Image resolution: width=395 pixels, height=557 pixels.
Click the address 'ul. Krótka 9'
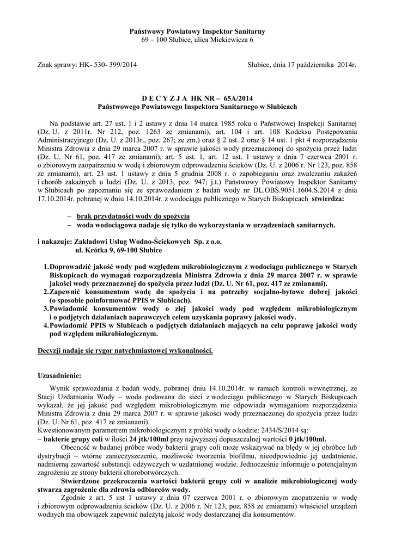pyautogui.click(x=95, y=250)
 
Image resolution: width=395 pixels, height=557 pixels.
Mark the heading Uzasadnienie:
pyautogui.click(x=59, y=376)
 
